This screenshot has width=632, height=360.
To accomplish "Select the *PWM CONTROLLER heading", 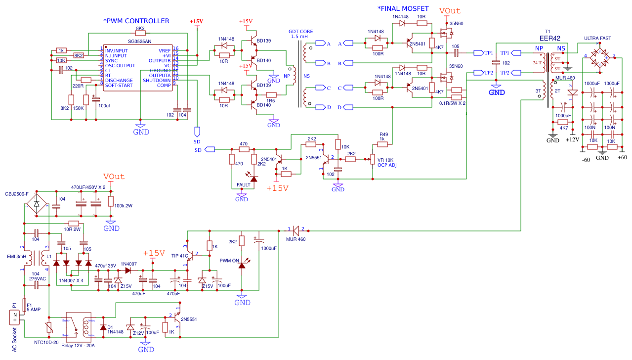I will [136, 21].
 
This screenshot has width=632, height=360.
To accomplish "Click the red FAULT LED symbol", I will [254, 178].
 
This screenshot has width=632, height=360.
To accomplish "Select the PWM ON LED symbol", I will [242, 265].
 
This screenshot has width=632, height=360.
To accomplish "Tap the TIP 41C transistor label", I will [180, 256].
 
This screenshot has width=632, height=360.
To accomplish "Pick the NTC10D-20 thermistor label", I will [46, 342].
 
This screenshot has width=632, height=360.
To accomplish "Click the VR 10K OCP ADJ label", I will [387, 163].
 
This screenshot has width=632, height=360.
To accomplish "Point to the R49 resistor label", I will [384, 134].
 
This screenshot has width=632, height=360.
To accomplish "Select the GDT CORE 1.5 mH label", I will [301, 34].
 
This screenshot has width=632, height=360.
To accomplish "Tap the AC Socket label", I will [14, 340].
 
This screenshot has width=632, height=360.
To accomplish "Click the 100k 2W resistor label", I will [124, 205].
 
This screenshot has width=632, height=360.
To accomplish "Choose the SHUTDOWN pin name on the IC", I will [157, 80].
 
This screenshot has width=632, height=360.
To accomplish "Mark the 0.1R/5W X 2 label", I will [452, 103].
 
